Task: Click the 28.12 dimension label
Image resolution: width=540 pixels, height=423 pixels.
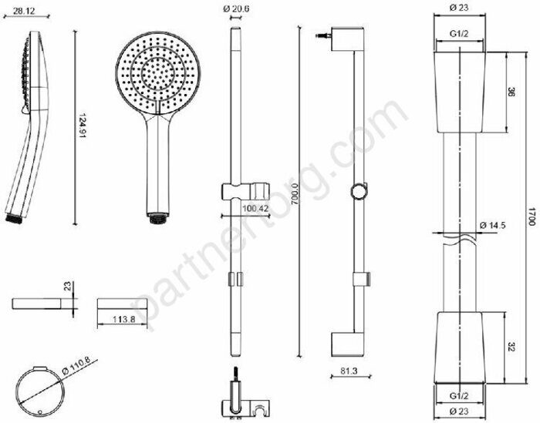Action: point(24,11)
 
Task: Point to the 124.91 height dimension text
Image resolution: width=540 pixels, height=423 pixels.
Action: point(83,126)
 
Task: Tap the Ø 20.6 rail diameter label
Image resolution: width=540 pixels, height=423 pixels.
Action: point(236,9)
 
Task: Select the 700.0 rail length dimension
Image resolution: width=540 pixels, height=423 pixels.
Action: point(295,194)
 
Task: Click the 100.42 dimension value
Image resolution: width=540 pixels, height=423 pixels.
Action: point(255,208)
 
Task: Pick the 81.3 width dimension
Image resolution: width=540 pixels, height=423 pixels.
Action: point(349,371)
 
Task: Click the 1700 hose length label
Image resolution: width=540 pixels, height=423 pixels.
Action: point(532,217)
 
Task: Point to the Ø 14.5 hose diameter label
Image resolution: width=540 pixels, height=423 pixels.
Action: point(493,225)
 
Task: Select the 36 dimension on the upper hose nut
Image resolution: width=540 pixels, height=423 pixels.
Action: point(511,92)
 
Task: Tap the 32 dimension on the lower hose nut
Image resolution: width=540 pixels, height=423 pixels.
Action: point(511,347)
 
